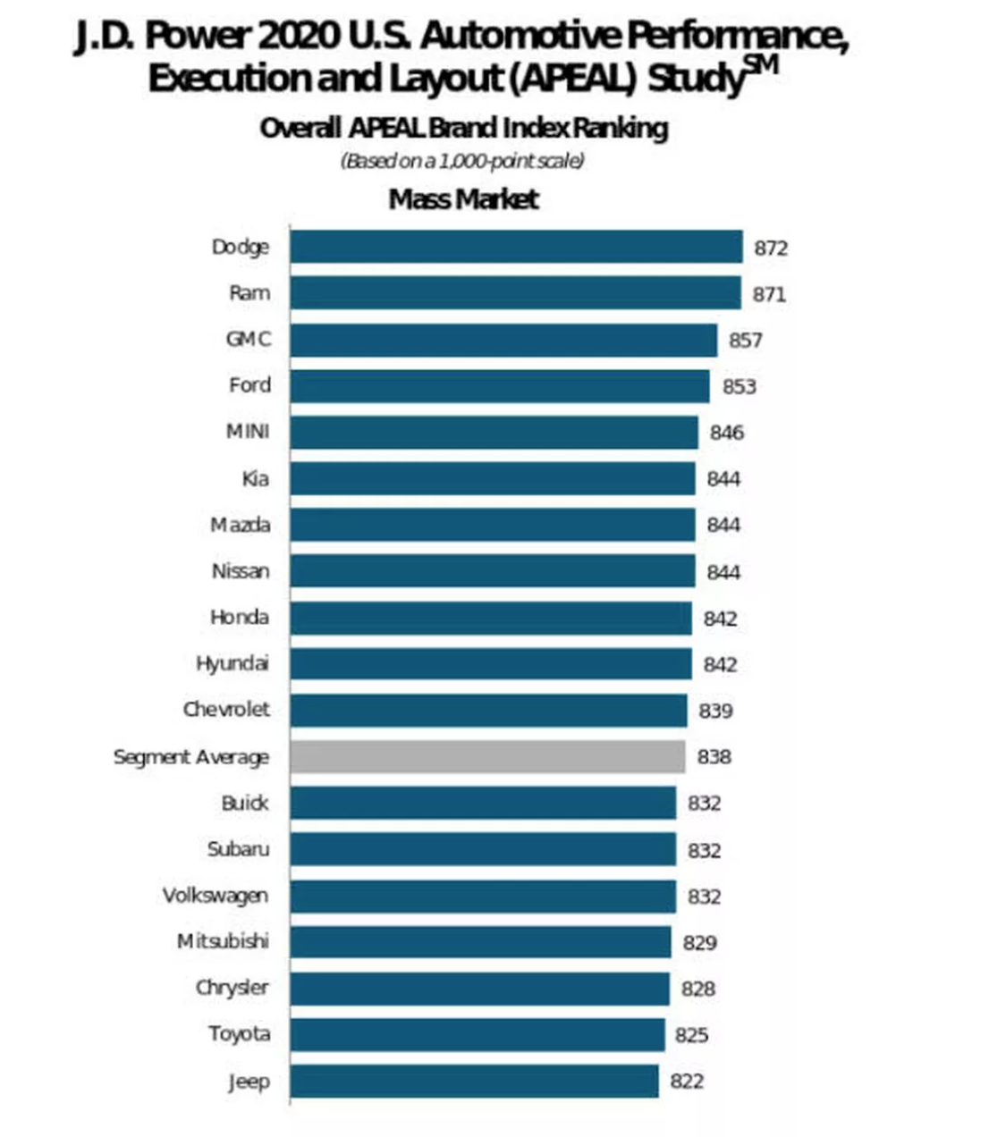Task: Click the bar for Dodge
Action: [x=515, y=247]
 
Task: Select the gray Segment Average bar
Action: [x=487, y=757]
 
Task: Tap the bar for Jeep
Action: [x=474, y=1082]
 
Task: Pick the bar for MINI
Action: [x=494, y=433]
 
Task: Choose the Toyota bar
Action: [x=477, y=1035]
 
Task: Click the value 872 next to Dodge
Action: [x=771, y=248]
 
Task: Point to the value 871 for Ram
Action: [x=769, y=294]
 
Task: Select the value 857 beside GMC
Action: [x=746, y=341]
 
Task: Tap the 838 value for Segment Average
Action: [x=714, y=757]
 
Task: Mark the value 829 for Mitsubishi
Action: [x=699, y=943]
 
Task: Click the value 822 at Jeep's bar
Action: [x=687, y=1082]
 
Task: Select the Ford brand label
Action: [x=249, y=385]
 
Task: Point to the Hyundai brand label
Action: [x=232, y=664]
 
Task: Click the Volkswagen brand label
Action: [x=216, y=896]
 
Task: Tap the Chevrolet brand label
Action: [x=226, y=710]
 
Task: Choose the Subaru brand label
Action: [x=238, y=849]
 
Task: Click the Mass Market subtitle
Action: [x=463, y=198]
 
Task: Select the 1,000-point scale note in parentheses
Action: [x=462, y=161]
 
